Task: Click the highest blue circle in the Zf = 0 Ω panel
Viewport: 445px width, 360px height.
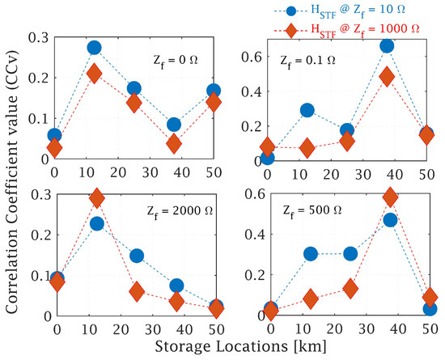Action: (x=94, y=48)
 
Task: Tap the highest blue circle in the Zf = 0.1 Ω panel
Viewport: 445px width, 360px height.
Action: (x=387, y=45)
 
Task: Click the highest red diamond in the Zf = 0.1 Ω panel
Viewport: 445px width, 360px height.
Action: (x=387, y=77)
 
